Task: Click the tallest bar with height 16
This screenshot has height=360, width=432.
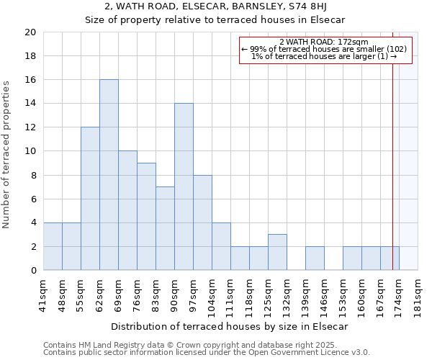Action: click(x=109, y=175)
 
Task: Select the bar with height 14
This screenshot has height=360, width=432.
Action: click(x=184, y=186)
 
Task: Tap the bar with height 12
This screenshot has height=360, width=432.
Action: click(x=90, y=199)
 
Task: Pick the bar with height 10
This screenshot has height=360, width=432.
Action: click(x=127, y=210)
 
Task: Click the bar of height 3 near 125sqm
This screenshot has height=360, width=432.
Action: click(x=277, y=252)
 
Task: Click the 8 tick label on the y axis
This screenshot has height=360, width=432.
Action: click(x=32, y=175)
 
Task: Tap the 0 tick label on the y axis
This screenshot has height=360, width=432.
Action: click(x=32, y=271)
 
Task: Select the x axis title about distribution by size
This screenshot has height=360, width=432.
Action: click(x=230, y=326)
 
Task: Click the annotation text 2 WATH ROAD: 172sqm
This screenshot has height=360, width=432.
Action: click(x=323, y=42)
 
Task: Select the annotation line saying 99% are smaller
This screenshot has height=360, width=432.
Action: click(x=323, y=49)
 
